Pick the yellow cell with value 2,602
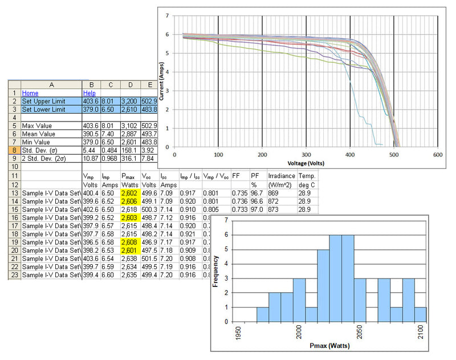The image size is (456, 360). [129, 194]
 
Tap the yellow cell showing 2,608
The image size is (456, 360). [129, 242]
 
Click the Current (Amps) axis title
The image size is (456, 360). [162, 81]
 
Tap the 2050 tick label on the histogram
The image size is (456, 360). [359, 333]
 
